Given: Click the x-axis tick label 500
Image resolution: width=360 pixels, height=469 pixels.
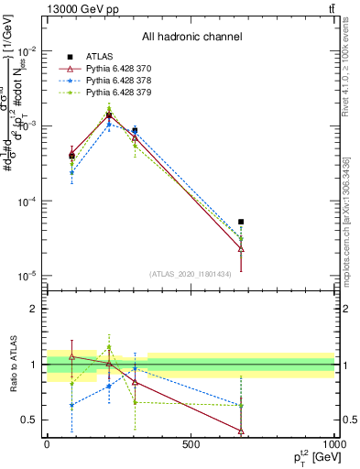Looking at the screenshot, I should [191, 445].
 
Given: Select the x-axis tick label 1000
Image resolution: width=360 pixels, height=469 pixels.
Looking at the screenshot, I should [333, 445].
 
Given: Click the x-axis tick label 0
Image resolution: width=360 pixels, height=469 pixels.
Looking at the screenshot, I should [47, 445].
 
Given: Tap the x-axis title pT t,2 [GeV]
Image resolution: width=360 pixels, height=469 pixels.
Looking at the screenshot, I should [307, 458].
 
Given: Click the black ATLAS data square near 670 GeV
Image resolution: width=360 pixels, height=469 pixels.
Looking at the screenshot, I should [241, 222].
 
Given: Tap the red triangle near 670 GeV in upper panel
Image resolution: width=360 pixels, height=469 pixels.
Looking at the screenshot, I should [241, 248].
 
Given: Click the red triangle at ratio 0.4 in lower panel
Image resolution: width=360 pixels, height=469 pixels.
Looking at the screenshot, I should [241, 431].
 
